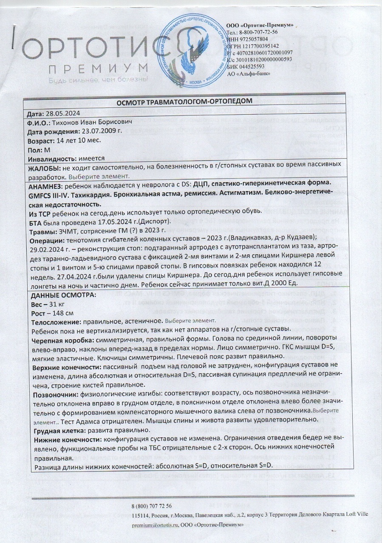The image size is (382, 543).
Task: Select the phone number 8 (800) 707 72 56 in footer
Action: coord(152,506)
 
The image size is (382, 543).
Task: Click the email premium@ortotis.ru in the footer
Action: coord(155,525)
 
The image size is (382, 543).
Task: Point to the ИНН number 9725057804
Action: coord(259,39)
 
